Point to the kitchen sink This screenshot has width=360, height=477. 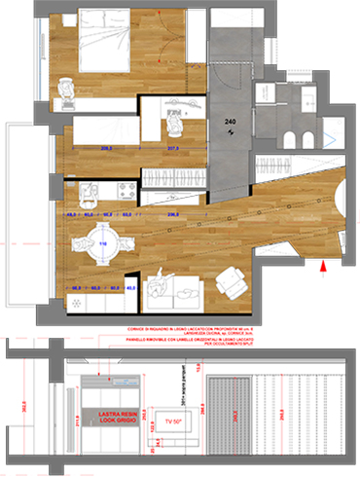[84, 190]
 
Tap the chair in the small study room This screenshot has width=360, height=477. [176, 123]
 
